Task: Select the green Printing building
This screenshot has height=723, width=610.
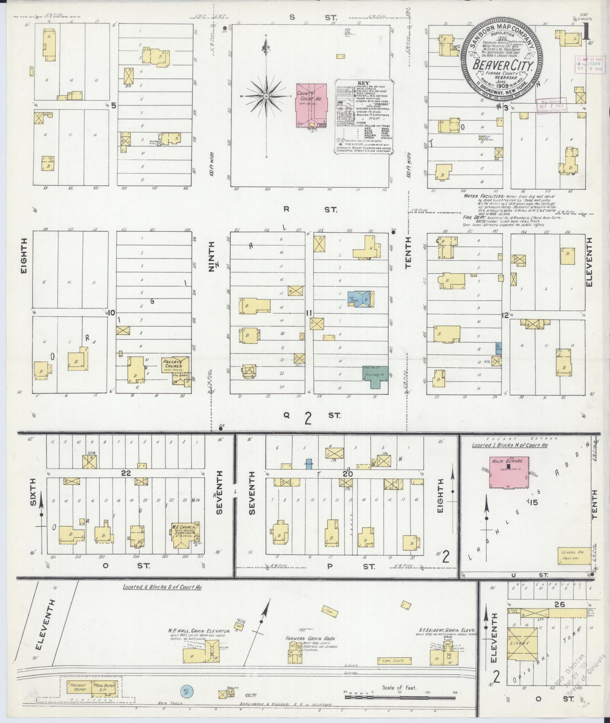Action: (x=375, y=376)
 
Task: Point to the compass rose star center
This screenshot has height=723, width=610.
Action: (x=267, y=96)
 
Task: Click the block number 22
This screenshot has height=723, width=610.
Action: (x=126, y=472)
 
